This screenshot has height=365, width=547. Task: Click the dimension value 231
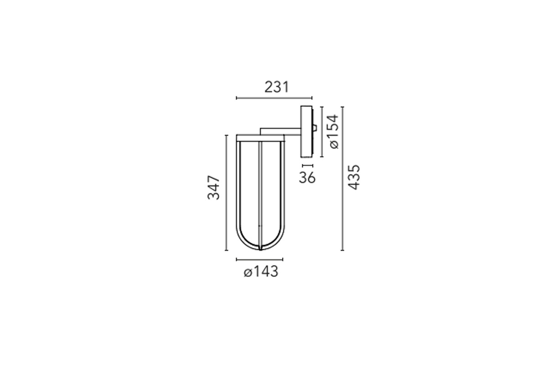277,87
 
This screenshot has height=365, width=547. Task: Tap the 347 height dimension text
214,188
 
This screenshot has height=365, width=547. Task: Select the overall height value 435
354,177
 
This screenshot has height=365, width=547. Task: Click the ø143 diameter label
261,271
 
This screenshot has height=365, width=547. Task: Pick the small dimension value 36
307,177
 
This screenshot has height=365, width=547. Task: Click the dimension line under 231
274,98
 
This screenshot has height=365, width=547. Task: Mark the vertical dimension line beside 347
227,193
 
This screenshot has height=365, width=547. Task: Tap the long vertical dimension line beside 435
342,179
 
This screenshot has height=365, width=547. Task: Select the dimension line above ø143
259,260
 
